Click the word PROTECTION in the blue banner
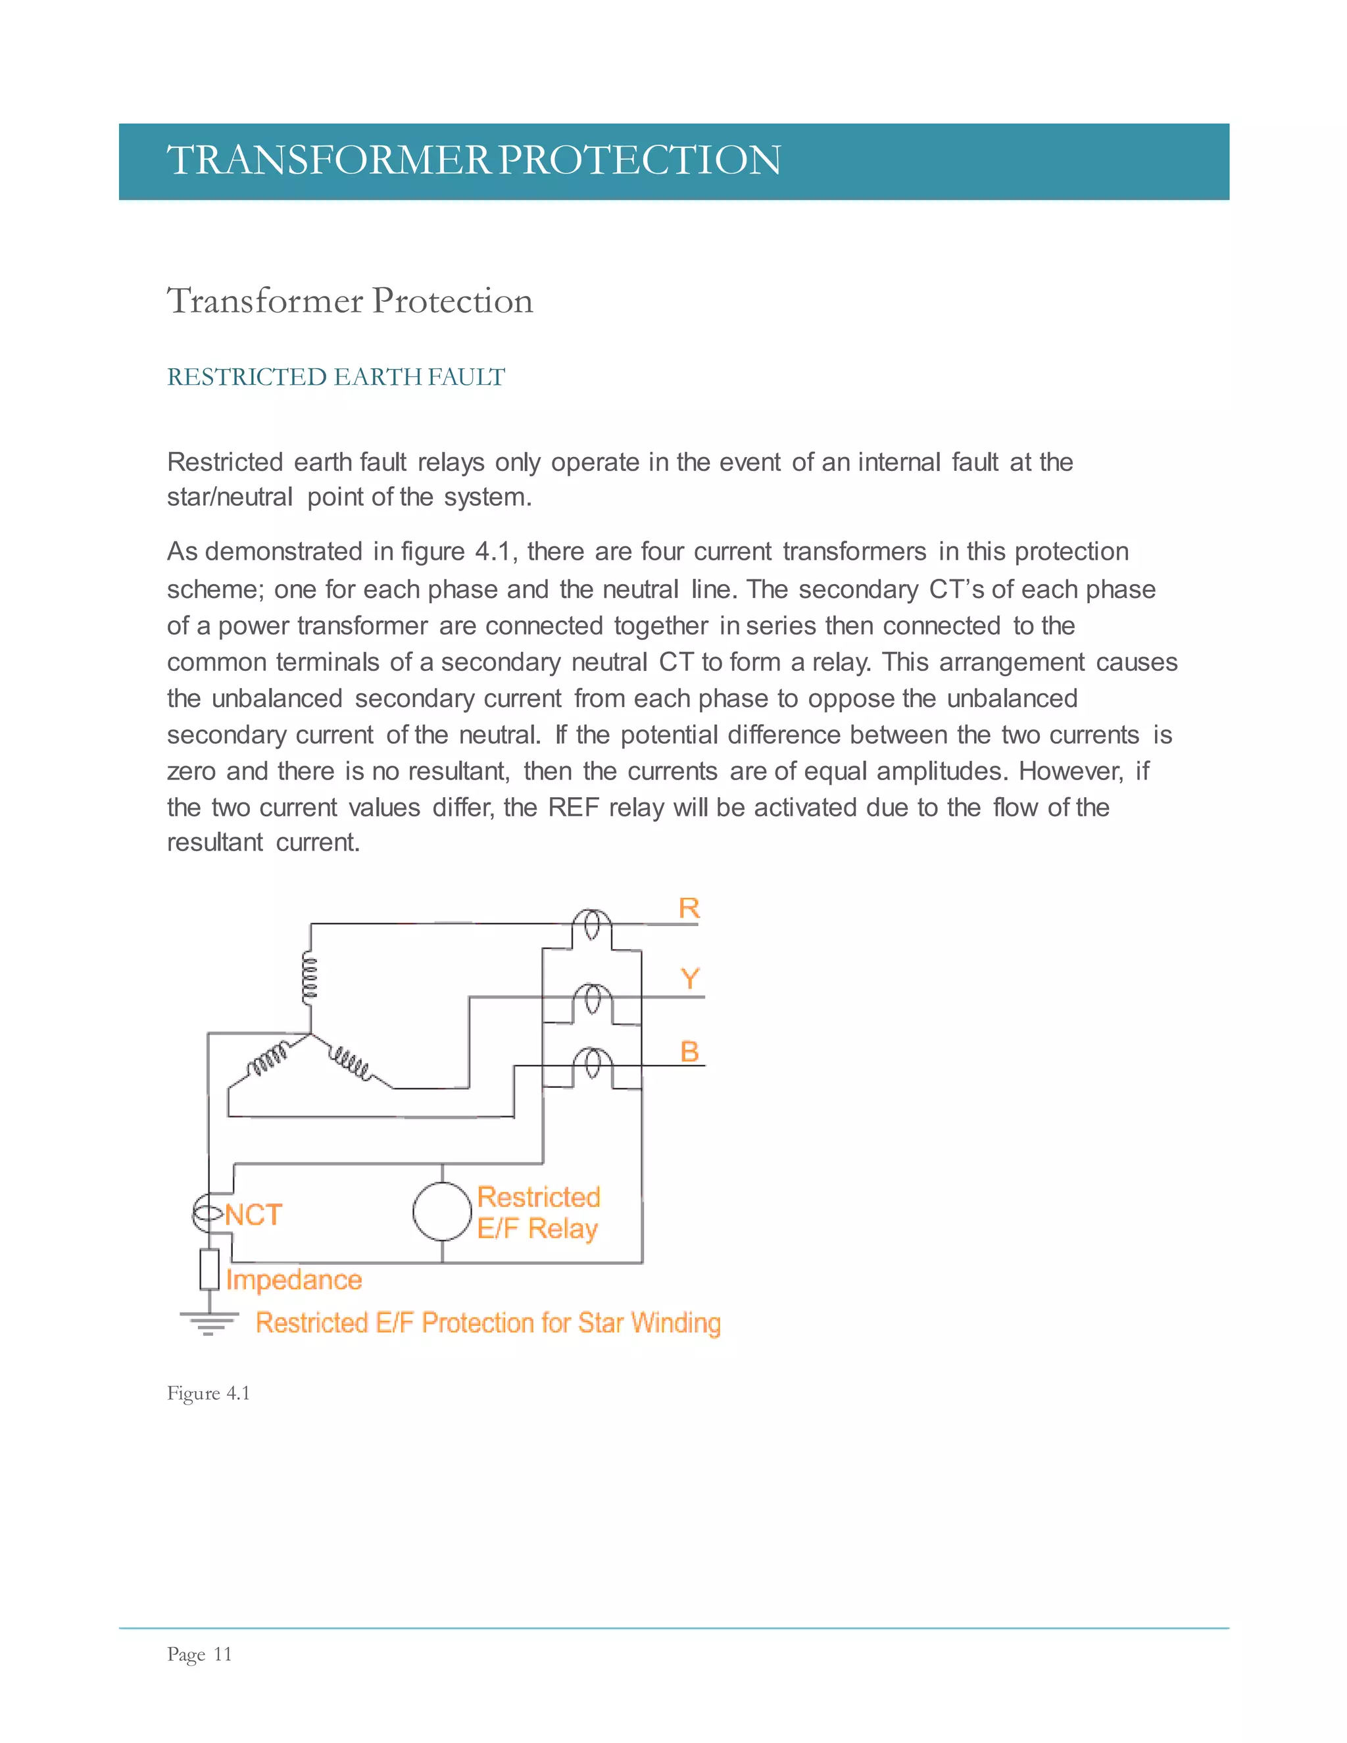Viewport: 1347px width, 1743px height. click(x=639, y=160)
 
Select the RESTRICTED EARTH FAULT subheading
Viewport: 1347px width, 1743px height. click(x=335, y=377)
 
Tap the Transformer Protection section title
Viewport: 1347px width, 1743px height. click(x=349, y=301)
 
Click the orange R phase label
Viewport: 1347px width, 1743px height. click(x=689, y=908)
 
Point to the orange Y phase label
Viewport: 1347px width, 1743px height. click(x=690, y=979)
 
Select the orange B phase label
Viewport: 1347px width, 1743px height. click(x=689, y=1051)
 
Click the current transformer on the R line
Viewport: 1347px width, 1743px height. click(x=592, y=926)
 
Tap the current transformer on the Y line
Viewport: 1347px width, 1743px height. click(x=592, y=999)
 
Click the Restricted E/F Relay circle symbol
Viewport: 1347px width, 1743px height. click(x=442, y=1212)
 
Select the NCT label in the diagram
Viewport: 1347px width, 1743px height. click(x=253, y=1215)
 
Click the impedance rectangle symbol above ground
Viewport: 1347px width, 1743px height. click(x=209, y=1269)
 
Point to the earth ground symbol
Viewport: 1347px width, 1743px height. click(x=209, y=1323)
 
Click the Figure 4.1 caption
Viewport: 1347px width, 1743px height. click(x=208, y=1394)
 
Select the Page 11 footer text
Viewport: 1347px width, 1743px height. click(x=199, y=1654)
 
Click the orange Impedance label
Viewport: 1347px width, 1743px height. click(x=293, y=1279)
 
